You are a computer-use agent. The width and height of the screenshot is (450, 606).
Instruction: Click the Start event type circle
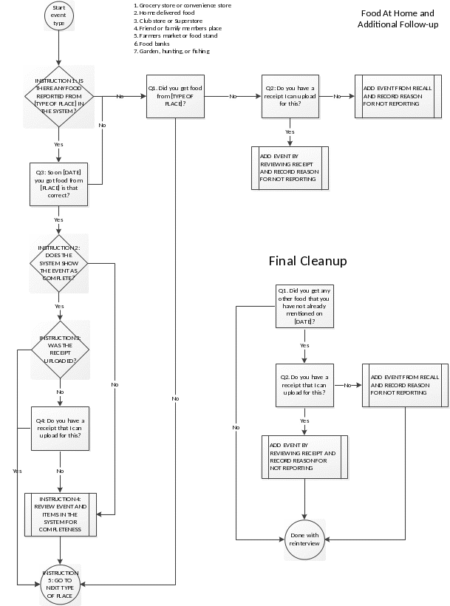coord(58,16)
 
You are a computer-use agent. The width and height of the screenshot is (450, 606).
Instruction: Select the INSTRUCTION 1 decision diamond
coord(59,96)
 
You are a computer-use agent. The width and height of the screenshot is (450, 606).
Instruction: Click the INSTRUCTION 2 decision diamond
coord(59,264)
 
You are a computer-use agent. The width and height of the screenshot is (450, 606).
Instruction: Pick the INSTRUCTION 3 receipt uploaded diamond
coord(60,350)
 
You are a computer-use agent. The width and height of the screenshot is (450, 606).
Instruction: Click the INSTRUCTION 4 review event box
coord(60,515)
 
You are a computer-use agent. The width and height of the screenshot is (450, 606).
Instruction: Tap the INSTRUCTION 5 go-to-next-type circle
coord(60,584)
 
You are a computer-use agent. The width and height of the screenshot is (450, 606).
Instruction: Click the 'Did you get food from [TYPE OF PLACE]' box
coord(175,96)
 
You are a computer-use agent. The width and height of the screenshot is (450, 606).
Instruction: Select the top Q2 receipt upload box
coord(290,97)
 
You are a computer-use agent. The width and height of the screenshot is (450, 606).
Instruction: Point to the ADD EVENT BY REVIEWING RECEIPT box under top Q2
coord(290,168)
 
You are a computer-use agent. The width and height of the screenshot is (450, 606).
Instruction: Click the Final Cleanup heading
coord(307,262)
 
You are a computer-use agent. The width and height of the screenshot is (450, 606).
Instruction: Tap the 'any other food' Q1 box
coord(304,307)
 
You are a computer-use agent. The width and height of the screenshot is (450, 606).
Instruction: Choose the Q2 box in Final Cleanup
coord(304,384)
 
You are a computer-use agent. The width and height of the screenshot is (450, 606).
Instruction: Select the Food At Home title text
coord(398,19)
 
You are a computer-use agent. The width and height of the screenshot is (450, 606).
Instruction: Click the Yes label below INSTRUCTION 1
coord(58,143)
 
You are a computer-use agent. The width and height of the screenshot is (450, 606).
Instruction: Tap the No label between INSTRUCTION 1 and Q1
coord(120,97)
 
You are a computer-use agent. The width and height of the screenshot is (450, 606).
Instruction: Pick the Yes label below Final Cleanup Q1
coord(304,346)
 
